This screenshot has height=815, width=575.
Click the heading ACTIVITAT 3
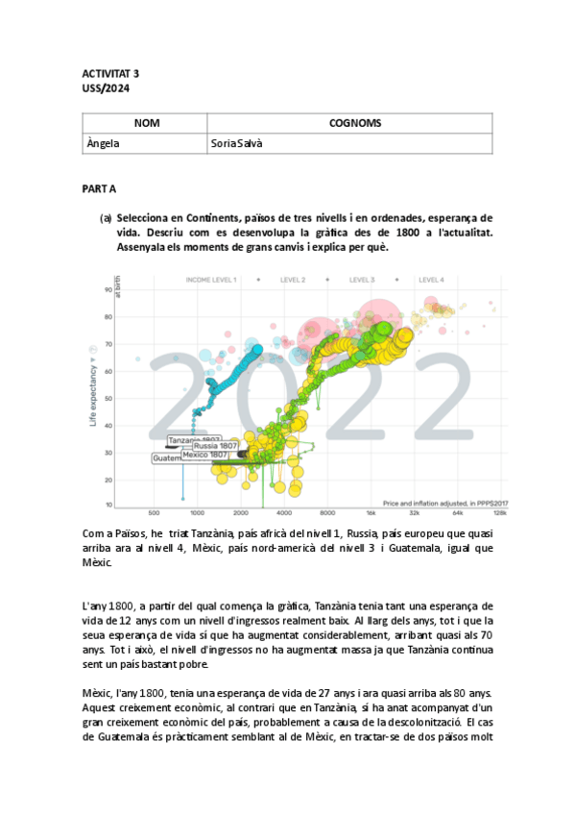point(109,73)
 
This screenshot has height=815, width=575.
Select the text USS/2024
point(105,88)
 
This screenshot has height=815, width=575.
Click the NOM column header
point(146,123)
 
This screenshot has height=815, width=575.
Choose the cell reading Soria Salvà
point(239,143)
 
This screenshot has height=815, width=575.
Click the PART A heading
point(99,190)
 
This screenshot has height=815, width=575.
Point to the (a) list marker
point(107,218)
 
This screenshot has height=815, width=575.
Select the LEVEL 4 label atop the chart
point(431,280)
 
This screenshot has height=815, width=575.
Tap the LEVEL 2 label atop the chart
point(292,280)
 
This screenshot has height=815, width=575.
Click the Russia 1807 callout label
point(216,446)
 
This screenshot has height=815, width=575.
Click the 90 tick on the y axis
point(108,289)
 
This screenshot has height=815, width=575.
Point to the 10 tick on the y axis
point(108,504)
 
